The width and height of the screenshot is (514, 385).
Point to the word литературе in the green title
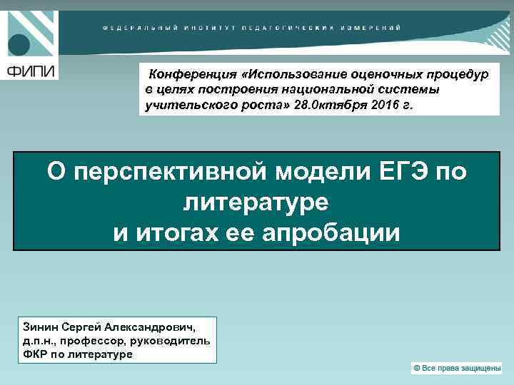(x=256, y=202)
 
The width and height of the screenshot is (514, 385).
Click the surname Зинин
(x=44, y=327)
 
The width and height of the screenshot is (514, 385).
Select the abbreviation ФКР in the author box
(x=35, y=354)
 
